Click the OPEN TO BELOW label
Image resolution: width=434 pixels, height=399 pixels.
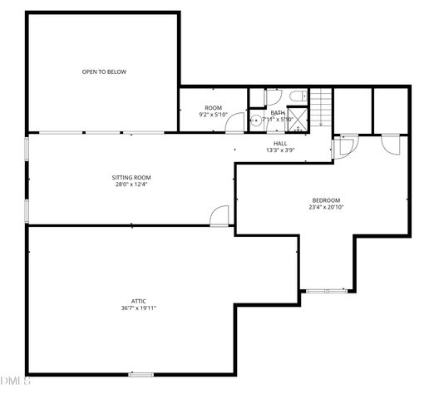104,71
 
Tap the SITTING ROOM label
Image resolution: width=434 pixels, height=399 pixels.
131,177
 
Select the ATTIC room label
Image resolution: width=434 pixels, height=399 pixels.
138,301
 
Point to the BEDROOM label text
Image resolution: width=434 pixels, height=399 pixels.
326,199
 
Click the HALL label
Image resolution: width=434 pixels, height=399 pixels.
280,144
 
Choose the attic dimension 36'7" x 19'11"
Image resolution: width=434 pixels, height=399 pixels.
138,308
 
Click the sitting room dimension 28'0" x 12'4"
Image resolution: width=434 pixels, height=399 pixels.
131,185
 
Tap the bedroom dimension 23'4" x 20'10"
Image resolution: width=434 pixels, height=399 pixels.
326,207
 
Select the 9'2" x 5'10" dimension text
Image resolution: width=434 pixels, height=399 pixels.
214,115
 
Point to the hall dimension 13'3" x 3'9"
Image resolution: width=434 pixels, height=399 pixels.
280,150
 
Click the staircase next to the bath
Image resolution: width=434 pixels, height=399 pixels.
322,106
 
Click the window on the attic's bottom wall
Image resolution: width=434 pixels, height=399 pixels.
141,373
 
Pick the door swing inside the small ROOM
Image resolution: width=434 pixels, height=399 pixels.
237,122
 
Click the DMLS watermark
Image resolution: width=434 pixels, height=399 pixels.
15,382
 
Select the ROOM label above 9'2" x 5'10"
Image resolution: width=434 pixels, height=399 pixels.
214,108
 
